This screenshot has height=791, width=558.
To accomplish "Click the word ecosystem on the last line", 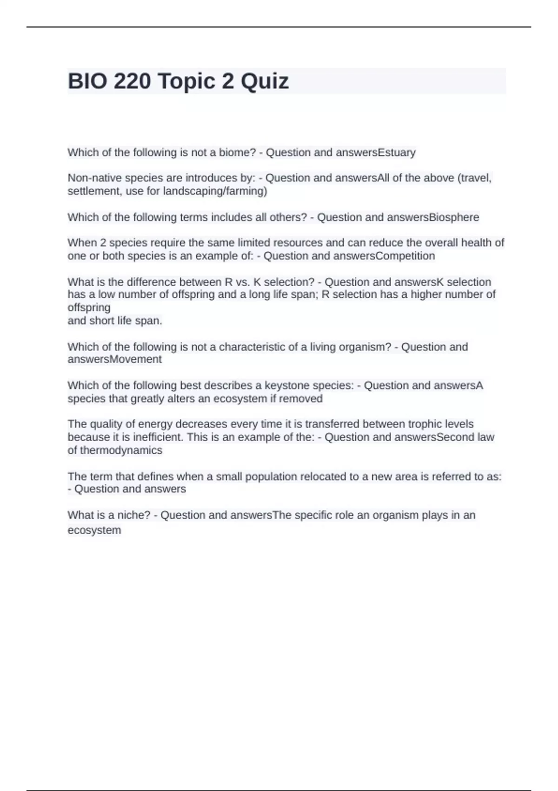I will [94, 530].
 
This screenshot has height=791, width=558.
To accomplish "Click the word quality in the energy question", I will [102, 424].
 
